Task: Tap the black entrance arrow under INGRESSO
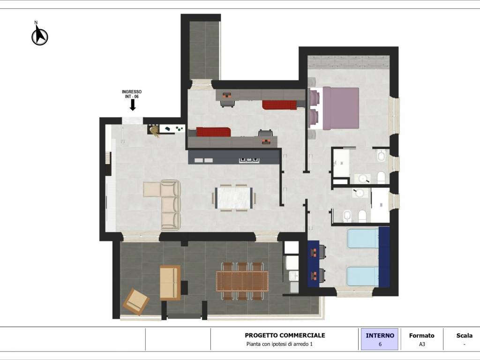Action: click(133, 105)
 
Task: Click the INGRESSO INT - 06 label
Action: click(132, 94)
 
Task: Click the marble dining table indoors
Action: click(233, 198)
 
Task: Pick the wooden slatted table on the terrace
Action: click(242, 281)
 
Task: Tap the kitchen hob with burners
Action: click(249, 159)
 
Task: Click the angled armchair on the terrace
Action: click(136, 301)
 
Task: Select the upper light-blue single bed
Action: click(363, 239)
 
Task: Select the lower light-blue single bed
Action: click(363, 277)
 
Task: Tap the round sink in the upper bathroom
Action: click(362, 178)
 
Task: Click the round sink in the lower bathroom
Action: click(360, 193)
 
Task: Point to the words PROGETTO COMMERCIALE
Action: click(285, 335)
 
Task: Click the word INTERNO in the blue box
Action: click(380, 336)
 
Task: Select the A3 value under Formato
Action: click(422, 344)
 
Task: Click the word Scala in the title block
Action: click(465, 336)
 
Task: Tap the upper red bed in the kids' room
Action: click(279, 105)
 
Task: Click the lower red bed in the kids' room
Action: click(213, 132)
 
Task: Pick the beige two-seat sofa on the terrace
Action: click(170, 283)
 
